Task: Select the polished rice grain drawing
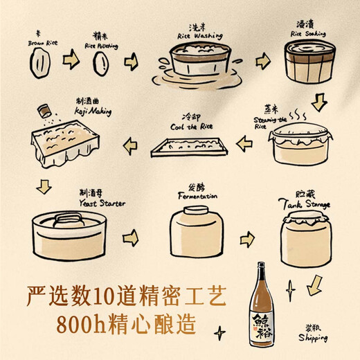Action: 100,64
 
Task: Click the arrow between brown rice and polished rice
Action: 70,61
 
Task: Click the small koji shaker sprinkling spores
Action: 46,111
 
